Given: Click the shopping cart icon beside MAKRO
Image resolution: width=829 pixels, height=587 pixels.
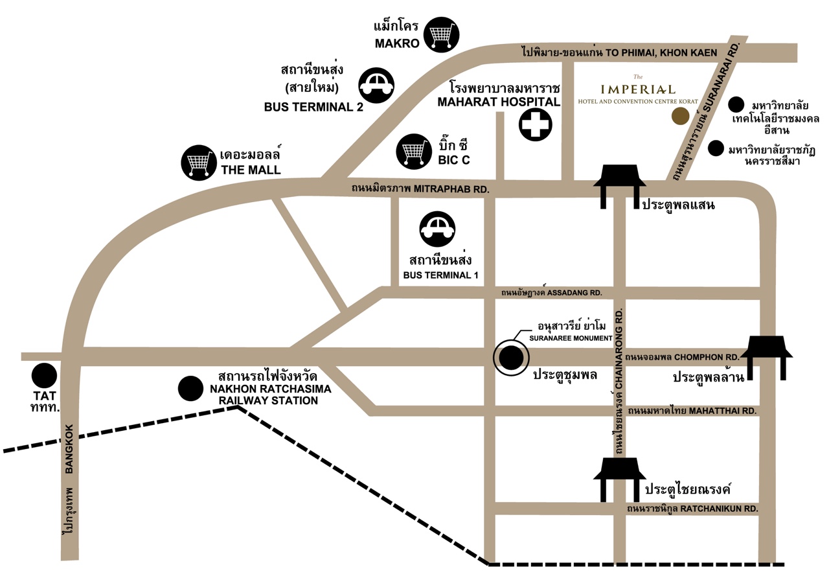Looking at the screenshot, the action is (441, 35).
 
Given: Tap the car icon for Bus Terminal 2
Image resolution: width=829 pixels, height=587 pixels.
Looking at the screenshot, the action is (376, 86).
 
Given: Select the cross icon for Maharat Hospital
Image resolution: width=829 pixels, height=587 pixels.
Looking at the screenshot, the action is (535, 125).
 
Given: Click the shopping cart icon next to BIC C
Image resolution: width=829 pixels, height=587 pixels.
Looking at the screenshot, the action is (414, 152).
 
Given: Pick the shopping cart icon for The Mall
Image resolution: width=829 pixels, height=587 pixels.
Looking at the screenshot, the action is (199, 163).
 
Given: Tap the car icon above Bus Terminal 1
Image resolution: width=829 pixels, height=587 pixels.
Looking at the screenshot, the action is (437, 229).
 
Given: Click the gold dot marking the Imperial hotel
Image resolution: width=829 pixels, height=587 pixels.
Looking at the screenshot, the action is (681, 116).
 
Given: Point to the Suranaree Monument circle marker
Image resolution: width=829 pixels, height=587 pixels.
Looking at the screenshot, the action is (511, 358).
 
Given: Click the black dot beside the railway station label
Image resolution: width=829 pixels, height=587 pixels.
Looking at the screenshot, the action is (190, 389).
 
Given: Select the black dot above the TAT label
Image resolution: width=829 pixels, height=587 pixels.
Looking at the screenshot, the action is (44, 376).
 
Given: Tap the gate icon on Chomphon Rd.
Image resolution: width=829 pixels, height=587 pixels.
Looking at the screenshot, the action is (766, 358).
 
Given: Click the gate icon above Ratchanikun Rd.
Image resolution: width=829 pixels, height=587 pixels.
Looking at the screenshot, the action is (620, 479).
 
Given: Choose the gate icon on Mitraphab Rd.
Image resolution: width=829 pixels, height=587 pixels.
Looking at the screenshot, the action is (620, 187).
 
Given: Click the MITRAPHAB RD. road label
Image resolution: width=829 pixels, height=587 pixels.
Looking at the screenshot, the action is (451, 189).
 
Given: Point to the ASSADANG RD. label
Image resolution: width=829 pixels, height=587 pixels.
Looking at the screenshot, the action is (574, 293).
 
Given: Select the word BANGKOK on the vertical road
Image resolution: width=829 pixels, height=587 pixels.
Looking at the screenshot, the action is (69, 448).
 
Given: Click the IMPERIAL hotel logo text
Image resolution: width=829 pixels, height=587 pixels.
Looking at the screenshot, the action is (638, 89).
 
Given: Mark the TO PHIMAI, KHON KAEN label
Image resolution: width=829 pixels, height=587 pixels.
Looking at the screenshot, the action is (661, 52).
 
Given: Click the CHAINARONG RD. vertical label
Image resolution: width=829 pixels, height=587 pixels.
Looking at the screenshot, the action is (619, 349).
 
